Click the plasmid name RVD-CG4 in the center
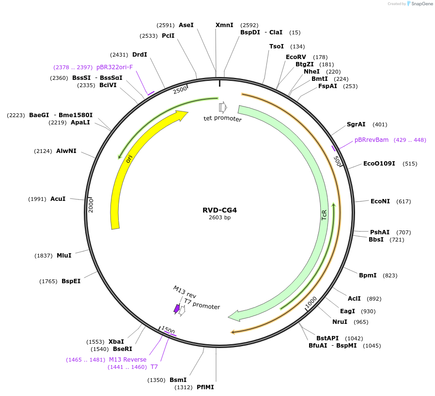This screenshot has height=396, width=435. (219, 210)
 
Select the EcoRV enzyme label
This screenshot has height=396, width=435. (296, 57)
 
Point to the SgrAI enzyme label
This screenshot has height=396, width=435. (356, 124)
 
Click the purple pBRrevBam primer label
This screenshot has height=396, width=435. (372, 139)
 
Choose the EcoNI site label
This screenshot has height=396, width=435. (380, 201)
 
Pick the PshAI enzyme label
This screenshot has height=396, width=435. (380, 232)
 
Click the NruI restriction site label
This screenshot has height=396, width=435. (340, 322)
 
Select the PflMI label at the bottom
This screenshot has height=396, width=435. (205, 387)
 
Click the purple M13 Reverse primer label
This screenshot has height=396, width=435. (127, 360)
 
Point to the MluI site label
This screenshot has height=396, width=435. (64, 256)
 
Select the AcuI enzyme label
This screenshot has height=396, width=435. (58, 199)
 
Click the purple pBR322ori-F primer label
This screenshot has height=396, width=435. (114, 67)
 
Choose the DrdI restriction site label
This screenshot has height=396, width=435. (140, 55)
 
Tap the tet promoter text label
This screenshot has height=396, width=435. (222, 119)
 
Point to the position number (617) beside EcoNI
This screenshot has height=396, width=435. (404, 201)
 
